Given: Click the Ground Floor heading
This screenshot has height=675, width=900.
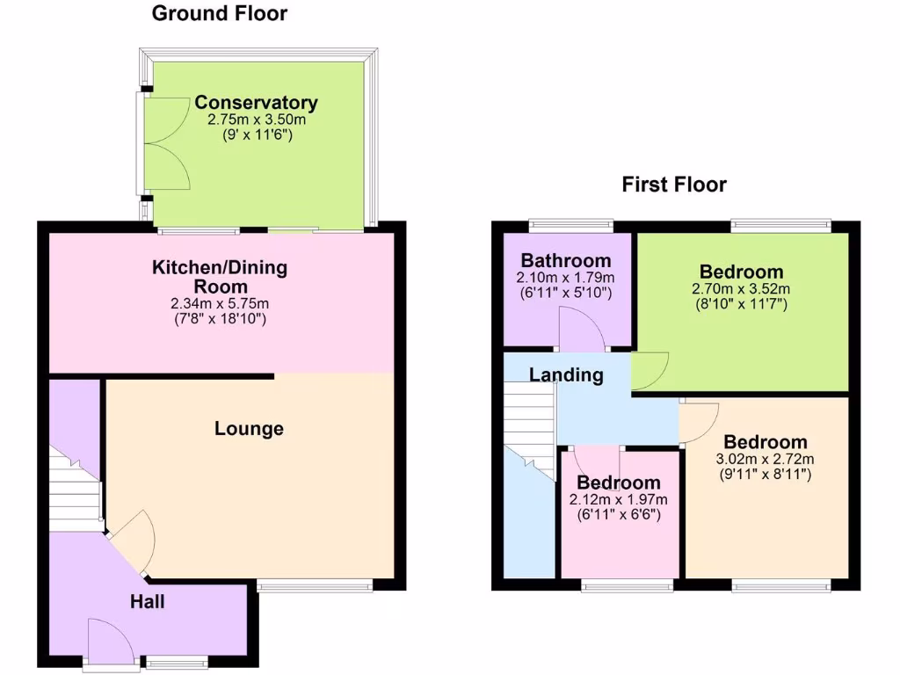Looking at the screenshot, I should pyautogui.click(x=219, y=14).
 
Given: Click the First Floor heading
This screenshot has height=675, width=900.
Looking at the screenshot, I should pyautogui.click(x=674, y=185).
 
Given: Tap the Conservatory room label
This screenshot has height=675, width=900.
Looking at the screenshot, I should pyautogui.click(x=256, y=103).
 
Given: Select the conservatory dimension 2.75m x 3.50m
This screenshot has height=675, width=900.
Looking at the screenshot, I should pyautogui.click(x=256, y=120).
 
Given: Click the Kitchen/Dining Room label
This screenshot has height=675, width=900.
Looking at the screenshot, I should pyautogui.click(x=220, y=276).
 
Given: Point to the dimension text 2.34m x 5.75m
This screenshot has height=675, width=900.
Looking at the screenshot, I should pyautogui.click(x=220, y=304).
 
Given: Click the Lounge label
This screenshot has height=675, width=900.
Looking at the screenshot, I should pyautogui.click(x=250, y=429).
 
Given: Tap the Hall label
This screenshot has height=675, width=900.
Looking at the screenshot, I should pyautogui.click(x=148, y=602).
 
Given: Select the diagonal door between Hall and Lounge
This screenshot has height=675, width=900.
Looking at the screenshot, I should pyautogui.click(x=130, y=542).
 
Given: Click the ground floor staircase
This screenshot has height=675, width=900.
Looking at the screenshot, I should pyautogui.click(x=76, y=492).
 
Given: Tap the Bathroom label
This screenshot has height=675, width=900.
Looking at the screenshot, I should pyautogui.click(x=565, y=261).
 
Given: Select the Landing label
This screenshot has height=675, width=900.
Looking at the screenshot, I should pyautogui.click(x=566, y=375).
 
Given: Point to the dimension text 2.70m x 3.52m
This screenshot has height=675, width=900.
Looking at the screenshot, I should pyautogui.click(x=742, y=288).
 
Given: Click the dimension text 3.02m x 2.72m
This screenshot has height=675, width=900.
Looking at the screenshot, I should pyautogui.click(x=765, y=459).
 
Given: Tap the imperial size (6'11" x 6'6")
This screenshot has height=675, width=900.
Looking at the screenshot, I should pyautogui.click(x=618, y=515).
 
